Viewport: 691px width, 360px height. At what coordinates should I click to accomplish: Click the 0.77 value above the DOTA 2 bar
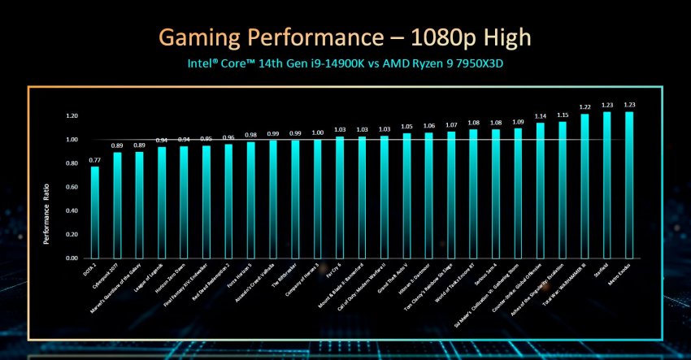click(x=95, y=161)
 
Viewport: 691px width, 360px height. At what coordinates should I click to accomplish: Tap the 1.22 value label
click(x=585, y=107)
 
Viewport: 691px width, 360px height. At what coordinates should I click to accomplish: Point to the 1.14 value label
click(x=540, y=116)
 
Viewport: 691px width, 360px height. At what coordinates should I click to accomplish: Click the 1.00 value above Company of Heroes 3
click(x=317, y=132)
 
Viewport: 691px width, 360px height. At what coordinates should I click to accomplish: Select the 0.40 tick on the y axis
click(x=72, y=210)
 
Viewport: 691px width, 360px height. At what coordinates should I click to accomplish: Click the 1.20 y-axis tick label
click(x=72, y=116)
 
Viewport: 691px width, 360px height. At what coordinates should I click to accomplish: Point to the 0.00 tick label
click(x=72, y=258)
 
